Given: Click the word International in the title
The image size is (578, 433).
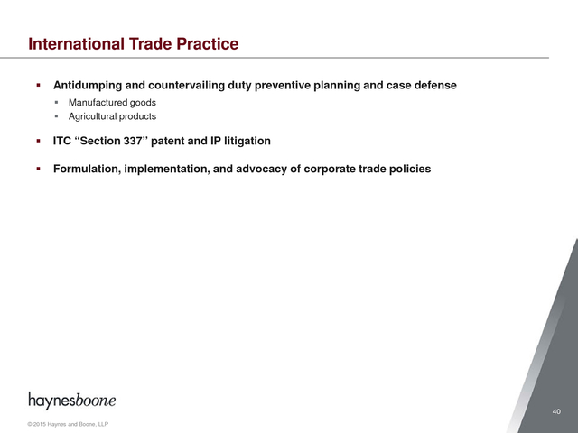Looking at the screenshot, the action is click(x=76, y=44).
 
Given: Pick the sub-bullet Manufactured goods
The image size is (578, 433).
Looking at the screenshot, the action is click(x=112, y=102).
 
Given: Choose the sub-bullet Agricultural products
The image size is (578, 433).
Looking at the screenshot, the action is click(x=112, y=116).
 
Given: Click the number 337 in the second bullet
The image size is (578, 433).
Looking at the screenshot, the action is click(x=134, y=141).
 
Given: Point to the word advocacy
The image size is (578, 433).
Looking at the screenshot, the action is click(x=263, y=169).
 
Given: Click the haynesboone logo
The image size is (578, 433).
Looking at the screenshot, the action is click(x=72, y=401).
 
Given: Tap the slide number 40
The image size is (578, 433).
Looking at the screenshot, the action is click(x=556, y=411).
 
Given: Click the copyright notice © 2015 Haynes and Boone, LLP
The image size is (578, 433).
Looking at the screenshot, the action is click(x=68, y=424).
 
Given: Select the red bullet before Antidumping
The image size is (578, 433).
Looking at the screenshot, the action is click(x=38, y=86).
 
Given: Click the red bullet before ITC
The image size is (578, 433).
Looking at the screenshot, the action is click(x=38, y=141).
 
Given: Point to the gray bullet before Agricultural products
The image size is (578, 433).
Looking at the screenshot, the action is click(x=56, y=116).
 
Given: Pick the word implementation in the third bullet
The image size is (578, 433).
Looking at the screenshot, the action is click(x=167, y=169).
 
